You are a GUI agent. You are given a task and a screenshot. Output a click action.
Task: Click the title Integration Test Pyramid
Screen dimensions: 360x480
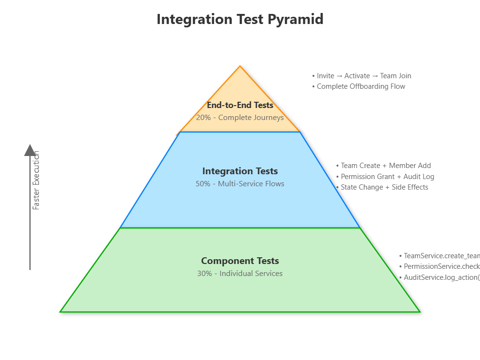point(240,20)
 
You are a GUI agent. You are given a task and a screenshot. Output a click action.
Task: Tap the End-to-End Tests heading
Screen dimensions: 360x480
point(240,105)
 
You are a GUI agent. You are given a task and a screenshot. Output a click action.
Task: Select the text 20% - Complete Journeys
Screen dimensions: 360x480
point(240,118)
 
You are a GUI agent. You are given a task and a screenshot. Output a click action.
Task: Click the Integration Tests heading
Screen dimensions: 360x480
point(240,171)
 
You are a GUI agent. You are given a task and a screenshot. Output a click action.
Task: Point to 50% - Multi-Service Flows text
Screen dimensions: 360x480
point(240,184)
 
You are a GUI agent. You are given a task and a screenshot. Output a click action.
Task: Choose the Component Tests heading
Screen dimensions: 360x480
point(240,261)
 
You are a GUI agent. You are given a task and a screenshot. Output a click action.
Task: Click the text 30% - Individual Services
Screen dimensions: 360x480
point(240,274)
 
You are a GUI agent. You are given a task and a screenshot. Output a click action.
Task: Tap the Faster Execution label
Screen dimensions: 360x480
point(36,180)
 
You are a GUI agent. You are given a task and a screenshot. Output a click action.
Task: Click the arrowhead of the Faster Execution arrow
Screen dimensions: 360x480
point(30,150)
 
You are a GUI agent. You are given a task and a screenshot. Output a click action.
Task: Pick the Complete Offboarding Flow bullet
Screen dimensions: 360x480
point(360,86)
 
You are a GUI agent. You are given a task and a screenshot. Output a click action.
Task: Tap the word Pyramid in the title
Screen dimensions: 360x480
point(296,20)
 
